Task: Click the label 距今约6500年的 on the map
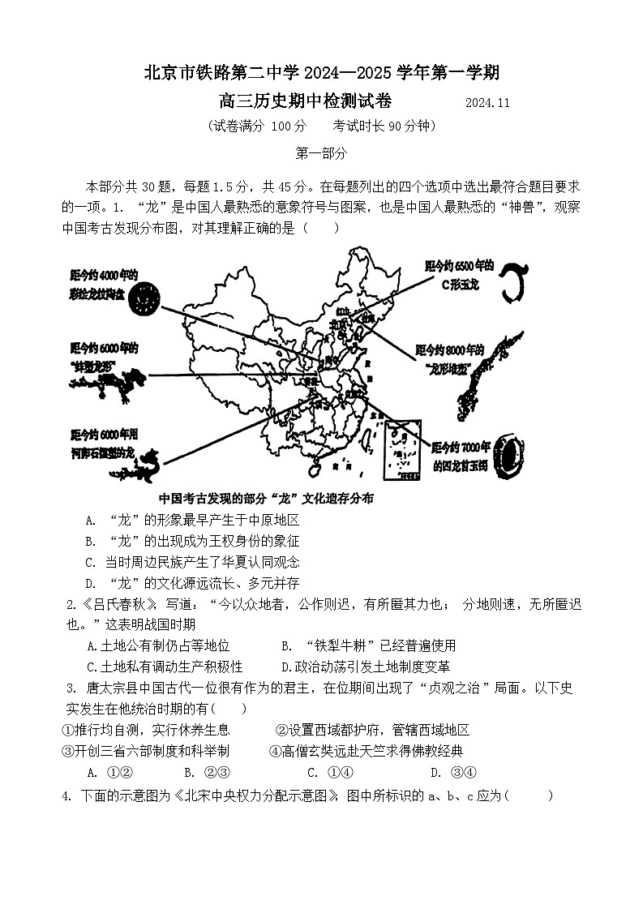click(x=458, y=265)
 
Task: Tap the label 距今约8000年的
click(x=449, y=350)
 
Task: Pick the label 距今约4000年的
click(x=104, y=275)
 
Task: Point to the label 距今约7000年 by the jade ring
click(x=461, y=447)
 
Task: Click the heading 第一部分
click(x=321, y=152)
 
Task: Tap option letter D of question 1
click(x=91, y=583)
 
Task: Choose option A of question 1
click(x=91, y=520)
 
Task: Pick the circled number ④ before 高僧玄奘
click(x=274, y=751)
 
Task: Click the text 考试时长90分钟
click(x=384, y=126)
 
